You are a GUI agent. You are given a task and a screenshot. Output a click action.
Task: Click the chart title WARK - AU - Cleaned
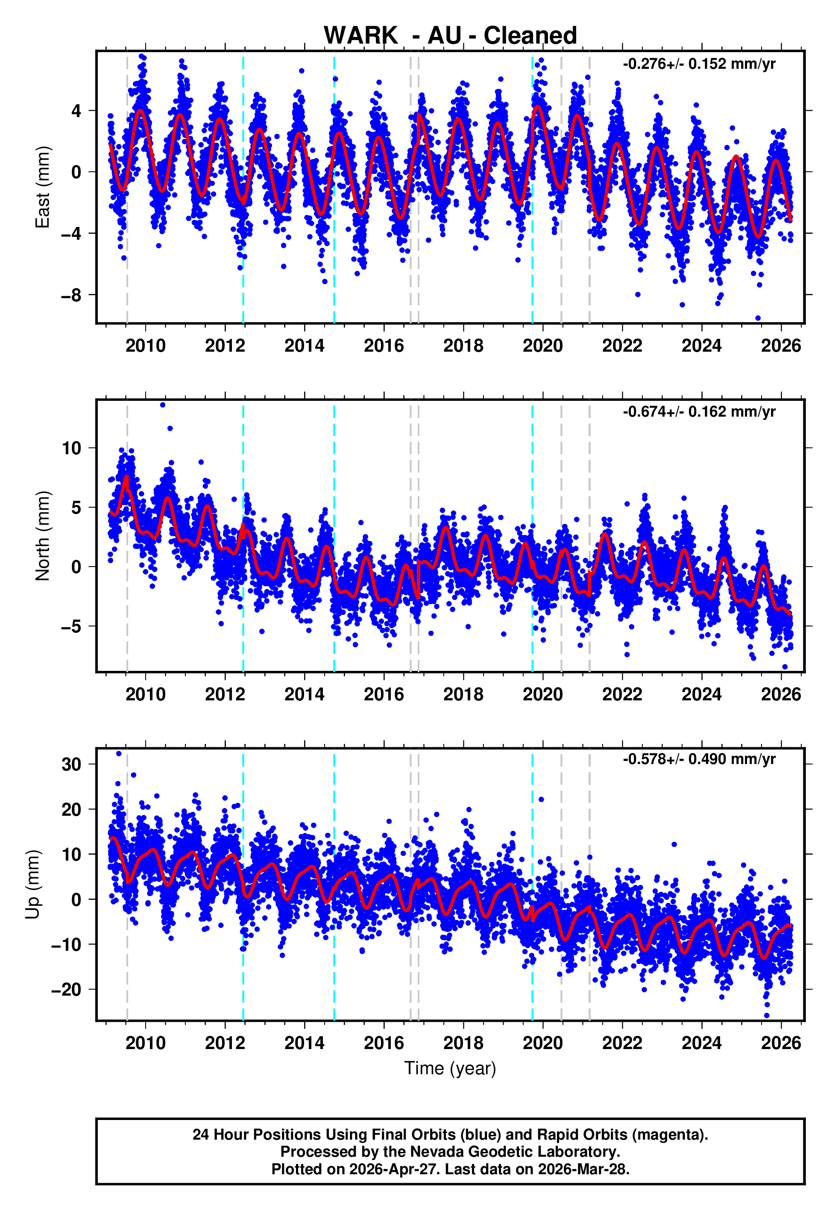pos(450,36)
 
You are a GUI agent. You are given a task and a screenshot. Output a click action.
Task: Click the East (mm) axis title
pos(43,187)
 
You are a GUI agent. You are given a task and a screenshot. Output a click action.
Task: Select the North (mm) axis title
pos(43,536)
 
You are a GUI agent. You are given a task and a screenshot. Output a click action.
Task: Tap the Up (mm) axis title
pos(32,885)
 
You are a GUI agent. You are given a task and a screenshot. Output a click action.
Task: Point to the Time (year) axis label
pos(450,1069)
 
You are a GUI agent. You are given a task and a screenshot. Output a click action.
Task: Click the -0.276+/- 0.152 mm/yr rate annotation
pos(699,64)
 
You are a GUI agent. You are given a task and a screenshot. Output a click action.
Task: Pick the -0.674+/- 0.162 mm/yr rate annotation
pos(699,412)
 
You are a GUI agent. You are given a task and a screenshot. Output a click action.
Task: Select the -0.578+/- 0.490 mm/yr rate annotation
pos(699,759)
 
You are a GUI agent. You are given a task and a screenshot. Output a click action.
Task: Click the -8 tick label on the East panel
pos(71,295)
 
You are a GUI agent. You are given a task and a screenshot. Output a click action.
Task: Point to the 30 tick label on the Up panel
pos(71,764)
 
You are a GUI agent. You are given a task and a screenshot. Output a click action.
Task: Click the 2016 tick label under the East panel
pos(384,346)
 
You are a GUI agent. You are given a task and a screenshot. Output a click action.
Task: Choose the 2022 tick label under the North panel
pos(622,695)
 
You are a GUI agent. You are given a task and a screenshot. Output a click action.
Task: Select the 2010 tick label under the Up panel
pos(146,1043)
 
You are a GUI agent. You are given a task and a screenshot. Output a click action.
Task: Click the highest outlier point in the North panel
pos(163,405)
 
